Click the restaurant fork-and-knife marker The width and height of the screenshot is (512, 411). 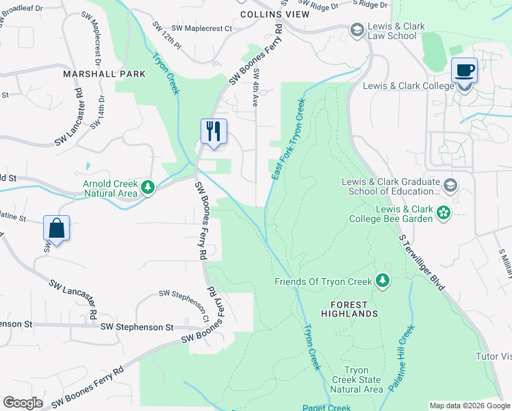coord(214,130)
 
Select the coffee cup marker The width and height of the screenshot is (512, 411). coord(465,71)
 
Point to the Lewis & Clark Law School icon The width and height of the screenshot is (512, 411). coord(357,30)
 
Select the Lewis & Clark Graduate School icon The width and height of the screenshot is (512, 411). coord(450,186)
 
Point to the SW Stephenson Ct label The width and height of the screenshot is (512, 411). coord(185,304)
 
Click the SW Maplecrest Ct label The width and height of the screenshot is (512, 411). coord(202,29)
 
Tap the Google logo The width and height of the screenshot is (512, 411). coord(23,402)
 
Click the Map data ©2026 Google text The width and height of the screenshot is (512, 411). coord(469,406)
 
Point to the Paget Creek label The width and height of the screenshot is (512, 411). coord(327,407)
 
